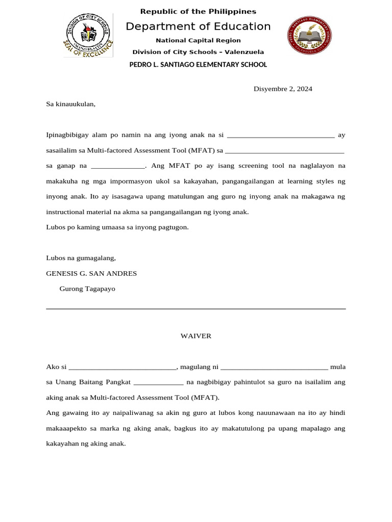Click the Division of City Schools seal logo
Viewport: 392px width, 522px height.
click(x=88, y=35)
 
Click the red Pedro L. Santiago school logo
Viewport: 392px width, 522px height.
click(x=309, y=35)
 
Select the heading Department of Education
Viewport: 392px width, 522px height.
click(x=198, y=27)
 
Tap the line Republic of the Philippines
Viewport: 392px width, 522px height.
click(x=198, y=11)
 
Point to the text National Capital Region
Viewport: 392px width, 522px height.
click(x=198, y=40)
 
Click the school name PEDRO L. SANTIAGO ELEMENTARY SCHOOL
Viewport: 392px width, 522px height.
click(x=198, y=65)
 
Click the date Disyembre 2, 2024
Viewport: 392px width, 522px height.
click(x=283, y=89)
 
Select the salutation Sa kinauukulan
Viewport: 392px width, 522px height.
click(x=70, y=104)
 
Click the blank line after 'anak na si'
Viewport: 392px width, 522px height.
click(x=280, y=136)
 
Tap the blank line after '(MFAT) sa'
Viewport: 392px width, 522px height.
click(x=284, y=151)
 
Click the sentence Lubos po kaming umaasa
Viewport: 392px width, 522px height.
click(x=117, y=227)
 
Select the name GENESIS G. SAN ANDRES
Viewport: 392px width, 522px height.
click(x=91, y=273)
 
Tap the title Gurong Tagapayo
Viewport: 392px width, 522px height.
click(x=87, y=289)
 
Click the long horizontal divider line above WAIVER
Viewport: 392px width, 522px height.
click(x=196, y=308)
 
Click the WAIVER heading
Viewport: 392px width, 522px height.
click(x=196, y=336)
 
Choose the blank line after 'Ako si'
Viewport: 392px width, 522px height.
click(x=122, y=368)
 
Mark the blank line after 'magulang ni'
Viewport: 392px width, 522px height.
click(x=274, y=368)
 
